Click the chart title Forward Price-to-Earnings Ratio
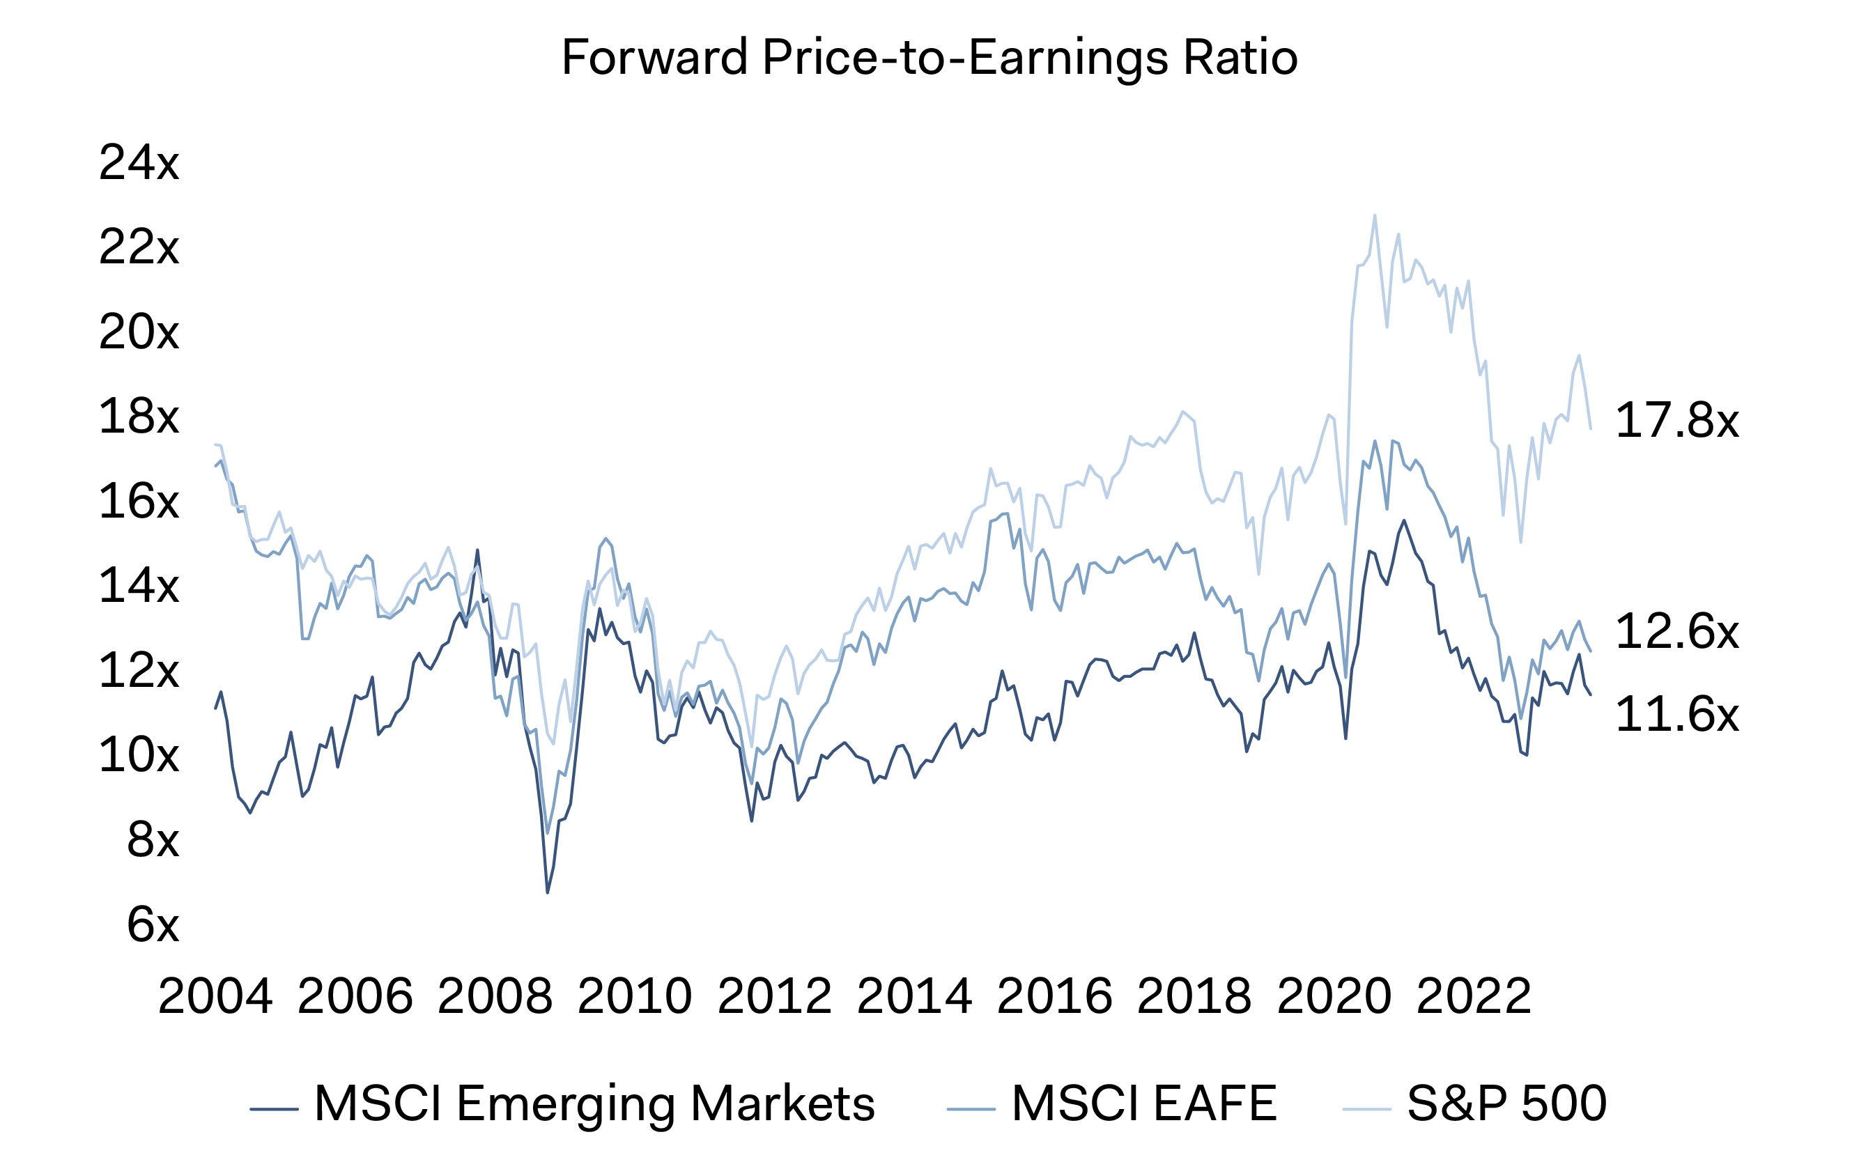pyautogui.click(x=929, y=59)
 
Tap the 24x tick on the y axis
pyautogui.click(x=139, y=163)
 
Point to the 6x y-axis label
pyautogui.click(x=153, y=924)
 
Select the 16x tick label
pyautogui.click(x=139, y=502)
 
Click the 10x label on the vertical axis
pyautogui.click(x=139, y=755)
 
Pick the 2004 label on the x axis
pyautogui.click(x=215, y=997)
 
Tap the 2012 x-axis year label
pyautogui.click(x=775, y=997)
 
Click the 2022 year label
pyautogui.click(x=1474, y=997)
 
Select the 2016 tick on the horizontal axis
pyautogui.click(x=1054, y=997)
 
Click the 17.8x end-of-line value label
pyautogui.click(x=1677, y=421)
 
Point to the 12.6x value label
pyautogui.click(x=1677, y=632)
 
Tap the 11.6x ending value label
pyautogui.click(x=1677, y=715)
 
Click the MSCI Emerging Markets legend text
pyautogui.click(x=594, y=1104)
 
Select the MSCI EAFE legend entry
pyautogui.click(x=1144, y=1104)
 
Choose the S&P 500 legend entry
pyautogui.click(x=1506, y=1104)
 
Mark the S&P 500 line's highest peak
pyautogui.click(x=1375, y=216)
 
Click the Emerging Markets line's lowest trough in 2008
pyautogui.click(x=547, y=892)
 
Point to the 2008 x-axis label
pyautogui.click(x=495, y=997)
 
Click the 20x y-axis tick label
pyautogui.click(x=139, y=333)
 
